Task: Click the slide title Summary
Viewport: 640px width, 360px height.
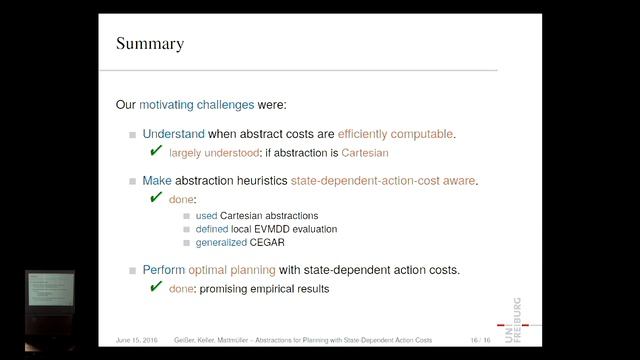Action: click(151, 43)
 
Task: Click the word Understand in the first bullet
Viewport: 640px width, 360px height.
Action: click(173, 133)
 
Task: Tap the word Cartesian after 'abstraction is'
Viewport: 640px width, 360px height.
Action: click(360, 153)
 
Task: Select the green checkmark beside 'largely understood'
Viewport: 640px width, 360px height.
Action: click(156, 151)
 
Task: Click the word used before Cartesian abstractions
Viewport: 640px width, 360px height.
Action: click(206, 216)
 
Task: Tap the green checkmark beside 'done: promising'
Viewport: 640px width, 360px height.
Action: click(156, 287)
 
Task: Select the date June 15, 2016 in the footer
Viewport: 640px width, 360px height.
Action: click(136, 341)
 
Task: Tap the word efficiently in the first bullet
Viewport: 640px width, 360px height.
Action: click(371, 133)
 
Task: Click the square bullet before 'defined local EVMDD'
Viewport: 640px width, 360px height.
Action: click(187, 230)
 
